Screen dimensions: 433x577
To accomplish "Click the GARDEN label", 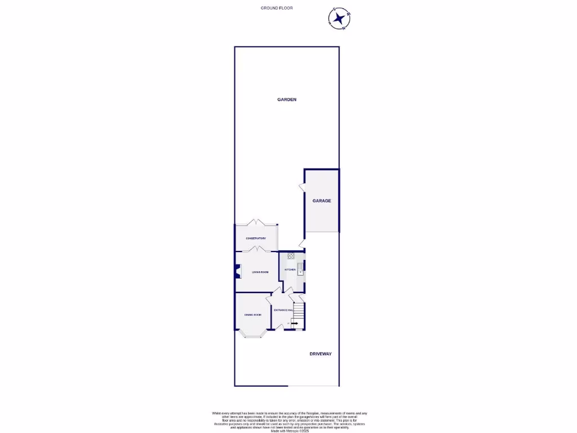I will point(286,99).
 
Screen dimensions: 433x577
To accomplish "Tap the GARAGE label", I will point(322,201).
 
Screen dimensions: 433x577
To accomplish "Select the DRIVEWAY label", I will point(321,354).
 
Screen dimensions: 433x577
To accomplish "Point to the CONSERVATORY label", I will point(256,238).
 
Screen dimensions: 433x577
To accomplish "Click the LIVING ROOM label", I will point(260,272).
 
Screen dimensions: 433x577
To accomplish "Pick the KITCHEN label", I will point(290,270).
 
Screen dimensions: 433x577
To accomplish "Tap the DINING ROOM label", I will point(252,315).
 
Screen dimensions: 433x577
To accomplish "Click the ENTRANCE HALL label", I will point(283,311).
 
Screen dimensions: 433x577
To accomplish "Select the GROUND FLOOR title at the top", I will point(277,8).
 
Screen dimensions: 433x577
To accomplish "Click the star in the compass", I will point(340,19).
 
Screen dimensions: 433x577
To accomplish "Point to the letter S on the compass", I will point(334,10).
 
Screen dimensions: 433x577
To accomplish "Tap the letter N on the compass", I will point(344,27).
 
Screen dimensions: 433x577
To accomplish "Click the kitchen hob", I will point(291,255).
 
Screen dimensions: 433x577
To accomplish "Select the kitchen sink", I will point(300,267).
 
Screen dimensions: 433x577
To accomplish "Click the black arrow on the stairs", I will point(295,323).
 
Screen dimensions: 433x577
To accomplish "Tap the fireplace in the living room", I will point(237,272).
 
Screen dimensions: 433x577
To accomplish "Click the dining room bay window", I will point(252,335).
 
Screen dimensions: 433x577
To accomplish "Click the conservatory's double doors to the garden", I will point(256,222).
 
